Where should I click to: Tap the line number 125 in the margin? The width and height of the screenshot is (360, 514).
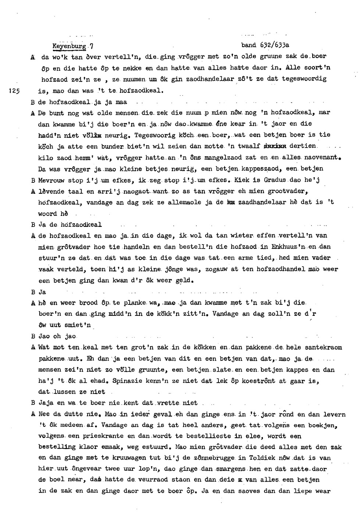coord(14,91)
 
